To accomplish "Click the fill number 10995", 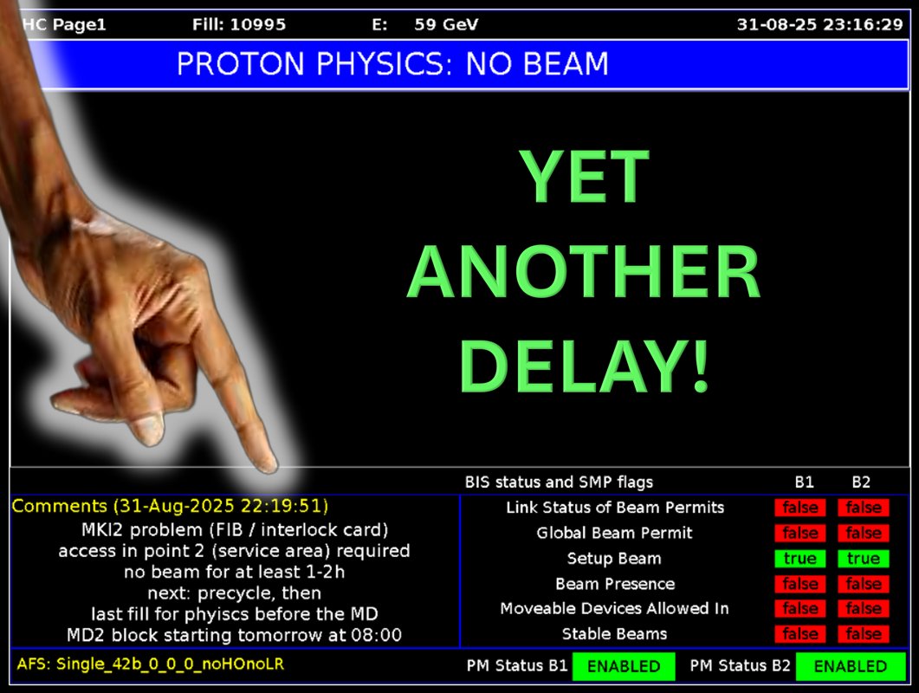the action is point(258,24).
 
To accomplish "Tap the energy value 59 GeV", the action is point(447,24).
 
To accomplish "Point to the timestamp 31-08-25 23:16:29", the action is point(820,24).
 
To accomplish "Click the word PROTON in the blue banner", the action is point(240,63).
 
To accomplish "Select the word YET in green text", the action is point(585,176).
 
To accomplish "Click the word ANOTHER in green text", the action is point(585,271).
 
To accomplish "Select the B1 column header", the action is point(804,482).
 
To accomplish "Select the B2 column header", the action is point(861,482).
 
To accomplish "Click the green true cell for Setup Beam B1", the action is point(800,558).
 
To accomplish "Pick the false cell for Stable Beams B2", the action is point(864,634).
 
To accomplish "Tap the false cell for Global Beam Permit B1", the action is point(800,533).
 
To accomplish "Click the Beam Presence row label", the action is point(615,584).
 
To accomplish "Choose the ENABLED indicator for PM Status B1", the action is point(624,667).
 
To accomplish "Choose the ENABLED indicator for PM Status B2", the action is point(851,667).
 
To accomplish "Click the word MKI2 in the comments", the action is point(102,530).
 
